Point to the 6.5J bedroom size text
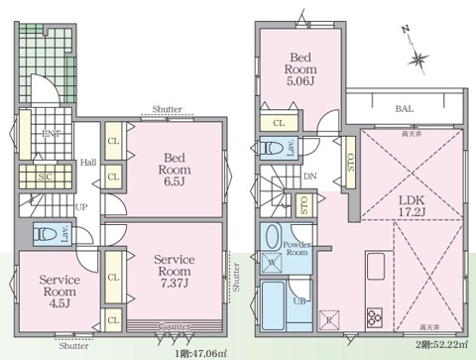click(173, 180)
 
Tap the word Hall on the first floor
click(88, 163)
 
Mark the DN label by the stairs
click(308, 177)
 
